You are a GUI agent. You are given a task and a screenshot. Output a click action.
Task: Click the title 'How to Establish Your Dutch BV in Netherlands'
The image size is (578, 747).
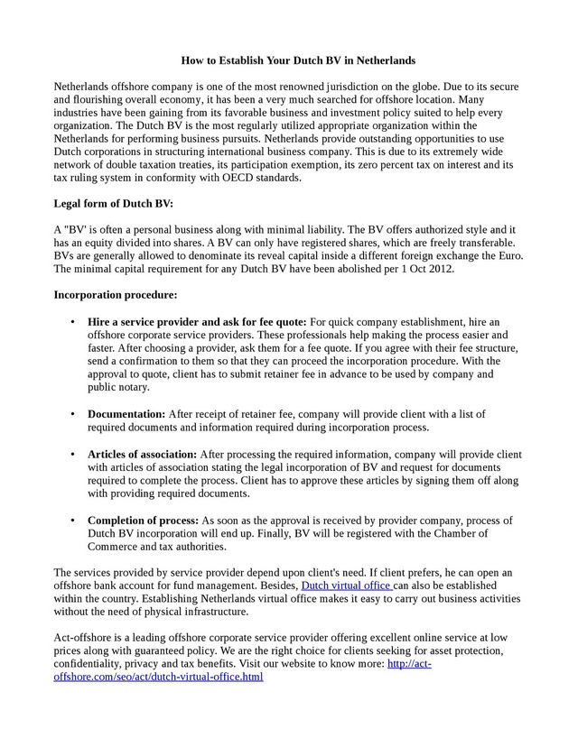(x=298, y=60)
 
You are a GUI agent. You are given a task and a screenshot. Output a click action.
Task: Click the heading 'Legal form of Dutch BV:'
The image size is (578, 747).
(x=114, y=204)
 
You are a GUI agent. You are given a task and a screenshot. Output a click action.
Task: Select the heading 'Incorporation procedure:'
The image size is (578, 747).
(x=116, y=295)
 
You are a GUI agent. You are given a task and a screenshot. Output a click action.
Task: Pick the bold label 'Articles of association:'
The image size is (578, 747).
(x=142, y=455)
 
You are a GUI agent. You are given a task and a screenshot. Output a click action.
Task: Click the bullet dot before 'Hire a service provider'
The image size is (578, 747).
(x=72, y=322)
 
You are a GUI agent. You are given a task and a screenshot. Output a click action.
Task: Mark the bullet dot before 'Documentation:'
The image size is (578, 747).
(x=72, y=414)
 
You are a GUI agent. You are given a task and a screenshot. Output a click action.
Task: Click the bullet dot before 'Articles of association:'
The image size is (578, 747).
(x=72, y=455)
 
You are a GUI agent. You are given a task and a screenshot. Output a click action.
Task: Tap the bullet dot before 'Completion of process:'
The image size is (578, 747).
(x=72, y=521)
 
